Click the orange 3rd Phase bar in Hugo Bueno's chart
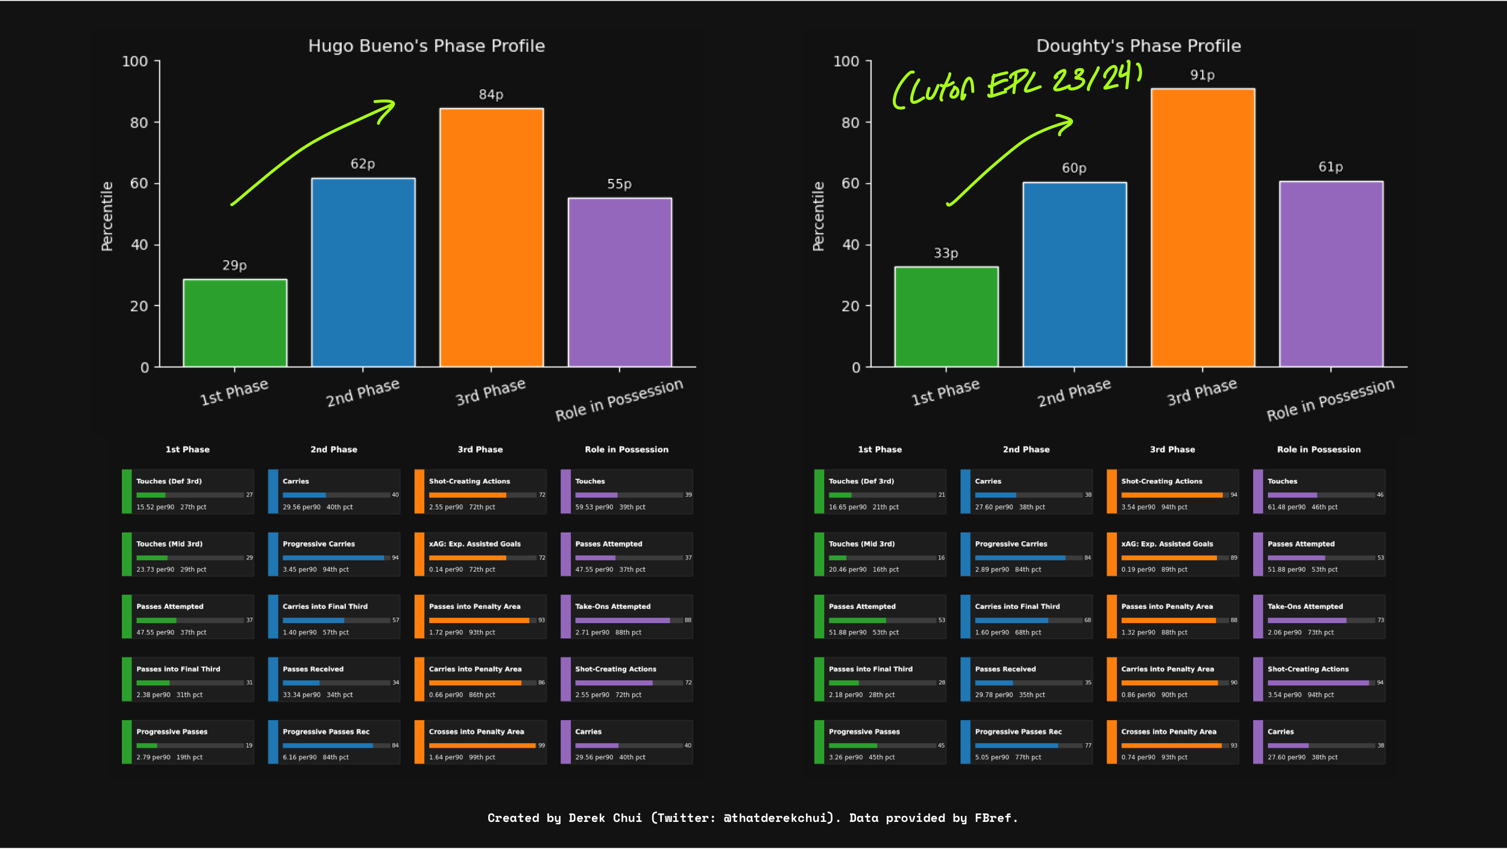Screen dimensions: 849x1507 pos(491,237)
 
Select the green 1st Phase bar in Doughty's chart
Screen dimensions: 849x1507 pos(946,316)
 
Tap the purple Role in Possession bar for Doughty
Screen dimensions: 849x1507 pos(1331,274)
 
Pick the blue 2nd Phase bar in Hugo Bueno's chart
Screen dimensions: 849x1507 pos(363,272)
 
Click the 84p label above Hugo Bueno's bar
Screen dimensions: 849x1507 pos(491,95)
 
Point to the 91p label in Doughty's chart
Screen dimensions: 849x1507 pos(1202,75)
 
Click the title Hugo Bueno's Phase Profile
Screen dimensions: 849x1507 pos(426,46)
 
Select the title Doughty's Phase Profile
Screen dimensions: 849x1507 pos(1138,46)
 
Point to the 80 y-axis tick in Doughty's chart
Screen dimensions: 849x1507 pos(850,123)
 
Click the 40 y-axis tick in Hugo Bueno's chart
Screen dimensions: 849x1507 pos(139,245)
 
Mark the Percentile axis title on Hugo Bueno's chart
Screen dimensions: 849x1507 pos(107,216)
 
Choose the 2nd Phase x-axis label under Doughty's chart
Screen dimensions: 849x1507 pos(1074,392)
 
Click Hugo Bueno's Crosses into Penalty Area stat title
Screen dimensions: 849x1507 pos(476,732)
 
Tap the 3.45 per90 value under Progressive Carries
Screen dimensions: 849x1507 pos(299,569)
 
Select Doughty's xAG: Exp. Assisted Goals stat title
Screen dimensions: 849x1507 pos(1167,544)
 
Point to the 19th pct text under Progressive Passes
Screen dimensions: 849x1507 pos(189,757)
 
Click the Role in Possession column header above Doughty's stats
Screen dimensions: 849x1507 pos(1318,450)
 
